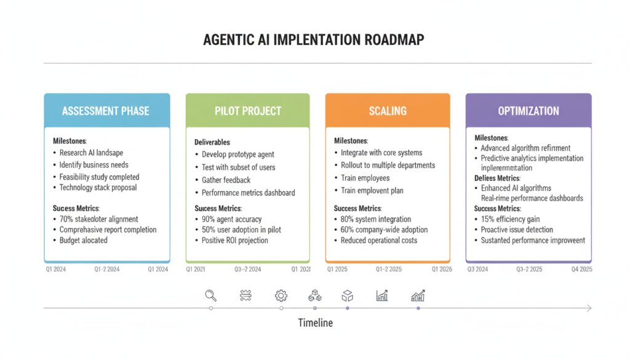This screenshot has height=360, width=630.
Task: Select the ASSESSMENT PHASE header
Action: point(106,111)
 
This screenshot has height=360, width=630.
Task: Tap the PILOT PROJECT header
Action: point(248,111)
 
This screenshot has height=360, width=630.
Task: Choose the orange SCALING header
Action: point(388,111)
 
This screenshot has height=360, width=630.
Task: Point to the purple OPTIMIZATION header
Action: point(528,111)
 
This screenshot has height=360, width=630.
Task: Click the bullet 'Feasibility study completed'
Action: point(99,177)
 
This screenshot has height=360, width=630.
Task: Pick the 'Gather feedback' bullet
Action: point(226,180)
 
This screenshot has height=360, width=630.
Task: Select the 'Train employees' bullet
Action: point(365,178)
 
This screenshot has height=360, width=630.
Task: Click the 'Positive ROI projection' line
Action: point(234,241)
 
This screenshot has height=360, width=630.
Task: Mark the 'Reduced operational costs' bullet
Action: point(378,241)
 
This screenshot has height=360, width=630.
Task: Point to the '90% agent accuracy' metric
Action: point(231,219)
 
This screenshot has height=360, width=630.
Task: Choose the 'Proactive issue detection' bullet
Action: point(517,230)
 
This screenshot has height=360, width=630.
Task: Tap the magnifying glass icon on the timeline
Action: point(211,295)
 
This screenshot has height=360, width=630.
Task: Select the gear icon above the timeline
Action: point(281,295)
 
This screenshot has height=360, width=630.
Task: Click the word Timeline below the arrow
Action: point(315,323)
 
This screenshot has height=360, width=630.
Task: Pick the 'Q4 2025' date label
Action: point(581,270)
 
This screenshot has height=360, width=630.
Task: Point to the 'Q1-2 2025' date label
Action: point(389,270)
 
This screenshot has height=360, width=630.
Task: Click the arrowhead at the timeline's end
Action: point(589,308)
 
